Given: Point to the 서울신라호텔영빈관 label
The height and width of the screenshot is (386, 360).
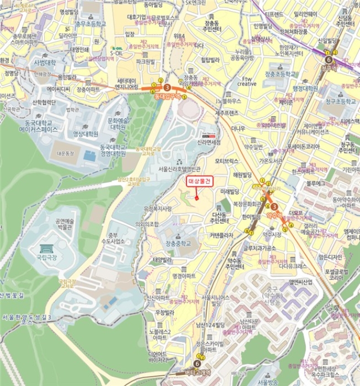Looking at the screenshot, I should pos(180,169).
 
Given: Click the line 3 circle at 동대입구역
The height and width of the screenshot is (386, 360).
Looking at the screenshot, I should pos(167,87).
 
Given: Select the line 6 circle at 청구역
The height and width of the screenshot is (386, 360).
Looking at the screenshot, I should pos(329,60).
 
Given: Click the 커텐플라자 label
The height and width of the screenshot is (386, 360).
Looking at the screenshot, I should pos(221,235).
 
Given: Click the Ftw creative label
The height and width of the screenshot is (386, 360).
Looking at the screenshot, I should pos(247,81).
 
